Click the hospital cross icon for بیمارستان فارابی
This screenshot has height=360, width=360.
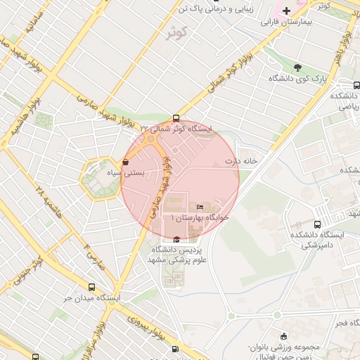(287, 11)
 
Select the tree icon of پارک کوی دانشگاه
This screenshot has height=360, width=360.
(298, 67)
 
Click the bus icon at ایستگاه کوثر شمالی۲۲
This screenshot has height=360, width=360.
(175, 118)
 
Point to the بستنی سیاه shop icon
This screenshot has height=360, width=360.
(125, 162)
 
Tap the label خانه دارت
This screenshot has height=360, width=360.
(241, 161)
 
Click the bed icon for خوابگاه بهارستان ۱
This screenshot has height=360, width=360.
(200, 207)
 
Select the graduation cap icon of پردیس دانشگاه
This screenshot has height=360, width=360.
(176, 240)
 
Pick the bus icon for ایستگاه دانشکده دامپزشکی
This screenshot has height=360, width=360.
(317, 224)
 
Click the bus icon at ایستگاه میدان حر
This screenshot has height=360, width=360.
(91, 287)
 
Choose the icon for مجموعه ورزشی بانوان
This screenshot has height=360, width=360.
(283, 336)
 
